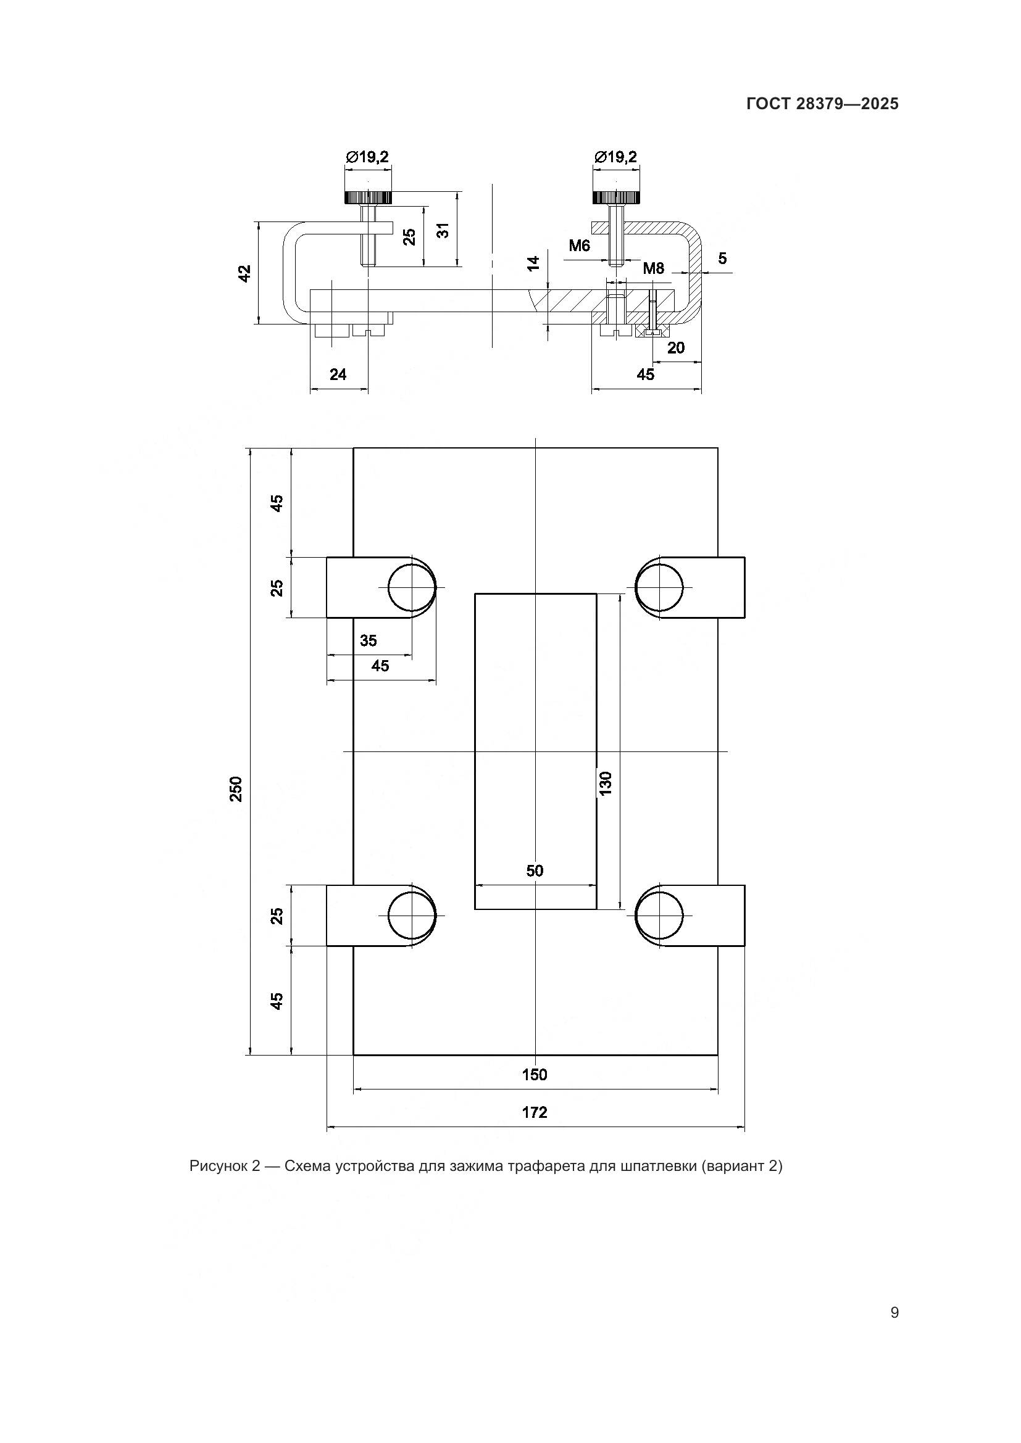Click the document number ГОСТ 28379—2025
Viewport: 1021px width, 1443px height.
(822, 104)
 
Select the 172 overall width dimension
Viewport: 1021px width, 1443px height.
(535, 1112)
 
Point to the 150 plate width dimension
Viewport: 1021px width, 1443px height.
(535, 1074)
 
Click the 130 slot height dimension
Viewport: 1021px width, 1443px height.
(606, 784)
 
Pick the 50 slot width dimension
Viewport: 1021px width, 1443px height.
(535, 870)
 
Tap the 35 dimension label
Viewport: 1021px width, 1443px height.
(369, 640)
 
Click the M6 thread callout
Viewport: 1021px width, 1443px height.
(580, 246)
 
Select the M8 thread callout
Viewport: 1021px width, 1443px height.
(653, 269)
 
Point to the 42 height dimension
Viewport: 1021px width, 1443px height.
(245, 273)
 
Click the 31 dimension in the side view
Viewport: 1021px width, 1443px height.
(444, 231)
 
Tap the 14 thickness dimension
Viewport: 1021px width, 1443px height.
(534, 263)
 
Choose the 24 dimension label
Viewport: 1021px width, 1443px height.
(338, 374)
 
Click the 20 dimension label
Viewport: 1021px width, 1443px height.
(676, 347)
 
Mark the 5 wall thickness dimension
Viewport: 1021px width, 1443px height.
(722, 258)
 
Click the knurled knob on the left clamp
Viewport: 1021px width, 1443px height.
(368, 197)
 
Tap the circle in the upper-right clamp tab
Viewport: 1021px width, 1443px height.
(659, 588)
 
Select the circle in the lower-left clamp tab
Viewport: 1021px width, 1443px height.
(412, 916)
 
